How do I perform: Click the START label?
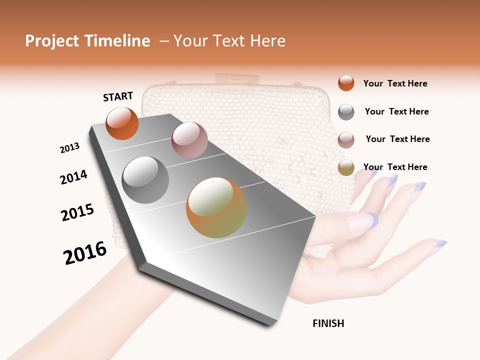[118, 96]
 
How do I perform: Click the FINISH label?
[328, 323]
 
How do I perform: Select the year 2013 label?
[69, 148]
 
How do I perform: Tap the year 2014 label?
[73, 177]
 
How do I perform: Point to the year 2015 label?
[77, 212]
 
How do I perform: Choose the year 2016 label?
[85, 252]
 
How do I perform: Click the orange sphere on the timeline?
[122, 123]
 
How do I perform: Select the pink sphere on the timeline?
[189, 140]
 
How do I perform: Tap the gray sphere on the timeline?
[145, 180]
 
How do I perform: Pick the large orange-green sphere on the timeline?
[216, 207]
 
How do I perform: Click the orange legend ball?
[346, 83]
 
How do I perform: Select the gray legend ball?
[346, 112]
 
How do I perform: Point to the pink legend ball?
[346, 140]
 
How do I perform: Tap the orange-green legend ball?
[346, 167]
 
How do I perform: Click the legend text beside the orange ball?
[395, 83]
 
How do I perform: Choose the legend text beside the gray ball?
[396, 111]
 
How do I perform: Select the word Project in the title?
[52, 41]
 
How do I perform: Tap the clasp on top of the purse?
[238, 78]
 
